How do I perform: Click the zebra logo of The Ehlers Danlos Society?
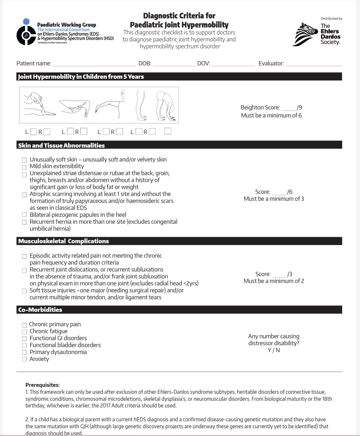click(306, 34)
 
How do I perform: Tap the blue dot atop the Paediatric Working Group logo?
click(26, 22)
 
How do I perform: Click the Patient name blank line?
click(94, 64)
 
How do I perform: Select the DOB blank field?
click(174, 64)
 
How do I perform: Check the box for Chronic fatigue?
click(24, 332)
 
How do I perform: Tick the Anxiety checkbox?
click(24, 359)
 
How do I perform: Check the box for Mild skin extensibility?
click(24, 168)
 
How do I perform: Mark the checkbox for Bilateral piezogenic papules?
click(24, 215)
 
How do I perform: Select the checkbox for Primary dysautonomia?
click(24, 352)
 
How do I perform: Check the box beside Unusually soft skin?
click(24, 160)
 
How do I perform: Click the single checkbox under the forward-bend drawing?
click(168, 131)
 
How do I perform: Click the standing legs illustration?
click(141, 106)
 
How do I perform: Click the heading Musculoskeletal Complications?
click(64, 241)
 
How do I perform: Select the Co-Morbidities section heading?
click(40, 310)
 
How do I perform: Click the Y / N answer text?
click(274, 350)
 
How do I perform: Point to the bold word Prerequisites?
click(43, 385)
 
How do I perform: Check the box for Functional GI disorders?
click(24, 339)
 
